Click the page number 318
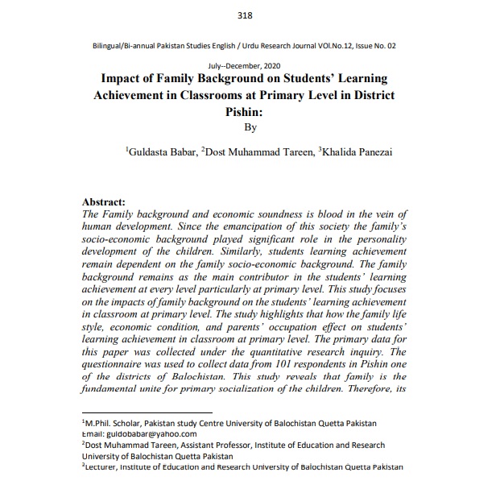[x=246, y=15]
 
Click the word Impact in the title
[x=126, y=79]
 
